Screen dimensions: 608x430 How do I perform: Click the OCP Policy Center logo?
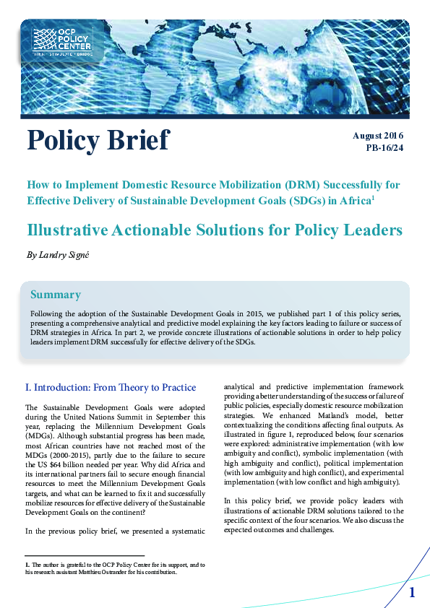[62, 41]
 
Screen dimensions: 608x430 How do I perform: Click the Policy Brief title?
[98, 140]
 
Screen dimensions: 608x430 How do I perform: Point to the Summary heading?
[55, 295]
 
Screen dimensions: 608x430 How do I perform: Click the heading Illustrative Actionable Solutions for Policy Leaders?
[214, 230]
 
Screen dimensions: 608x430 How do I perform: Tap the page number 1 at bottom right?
[412, 593]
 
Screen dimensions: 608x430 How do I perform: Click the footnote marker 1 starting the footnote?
[27, 564]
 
